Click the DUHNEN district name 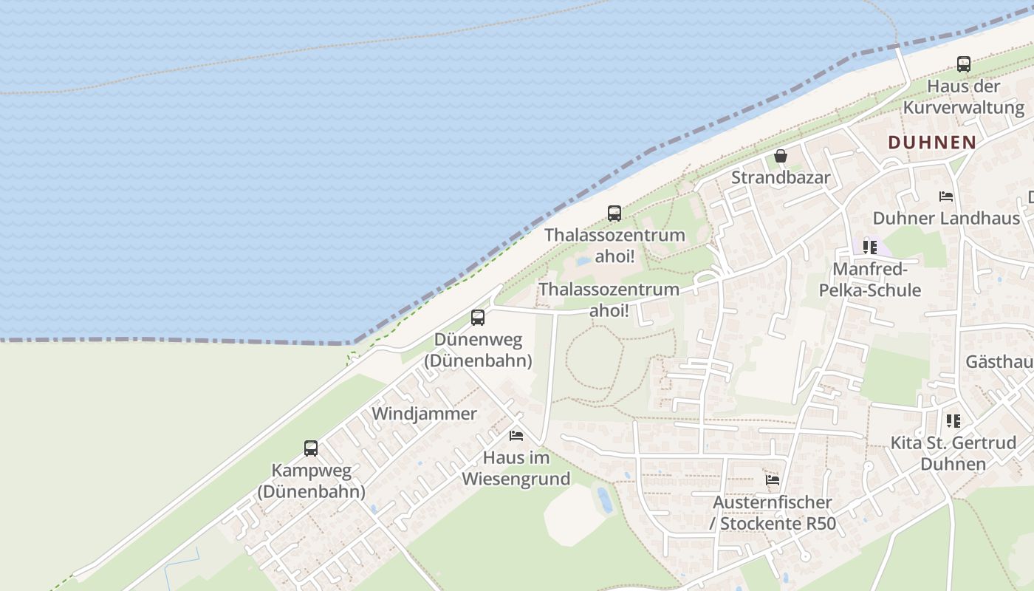[931, 143]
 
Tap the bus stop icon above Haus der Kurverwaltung [964, 64]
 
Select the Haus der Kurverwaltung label [964, 97]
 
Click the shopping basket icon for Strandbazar [781, 156]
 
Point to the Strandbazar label [781, 178]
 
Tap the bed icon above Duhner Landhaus [946, 197]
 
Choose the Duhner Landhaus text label [946, 219]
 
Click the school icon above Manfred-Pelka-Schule [870, 247]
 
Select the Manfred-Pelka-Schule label [870, 279]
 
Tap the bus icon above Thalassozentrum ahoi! [614, 213]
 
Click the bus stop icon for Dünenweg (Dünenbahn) [478, 318]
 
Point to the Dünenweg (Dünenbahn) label [478, 350]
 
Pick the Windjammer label [424, 414]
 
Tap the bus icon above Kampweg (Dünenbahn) [311, 448]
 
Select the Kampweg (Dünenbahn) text [311, 480]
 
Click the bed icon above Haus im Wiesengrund [516, 436]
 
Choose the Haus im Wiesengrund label [516, 468]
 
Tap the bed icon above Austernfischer [773, 480]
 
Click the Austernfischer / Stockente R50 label [773, 513]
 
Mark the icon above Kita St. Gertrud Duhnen [953, 421]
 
